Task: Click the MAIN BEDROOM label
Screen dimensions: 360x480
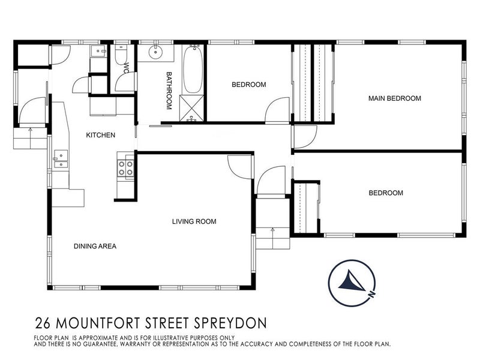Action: pos(395,98)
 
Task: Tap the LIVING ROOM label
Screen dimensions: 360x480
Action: pos(194,221)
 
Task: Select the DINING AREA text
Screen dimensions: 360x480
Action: pos(95,246)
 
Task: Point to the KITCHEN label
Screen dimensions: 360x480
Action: pos(100,135)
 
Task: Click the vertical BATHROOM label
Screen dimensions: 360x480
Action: pos(169,90)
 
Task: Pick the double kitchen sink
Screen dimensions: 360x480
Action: pos(61,160)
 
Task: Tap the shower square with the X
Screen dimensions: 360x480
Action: pos(192,108)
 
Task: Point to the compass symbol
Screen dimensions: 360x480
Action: pos(352,281)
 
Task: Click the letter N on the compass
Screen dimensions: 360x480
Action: pos(373,295)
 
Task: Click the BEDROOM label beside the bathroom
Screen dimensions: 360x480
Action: pos(248,85)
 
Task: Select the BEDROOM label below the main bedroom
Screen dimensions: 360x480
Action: pos(385,193)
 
